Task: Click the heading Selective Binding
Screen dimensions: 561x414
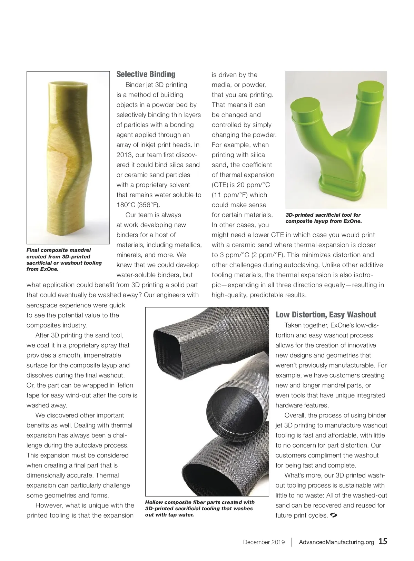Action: click(x=146, y=74)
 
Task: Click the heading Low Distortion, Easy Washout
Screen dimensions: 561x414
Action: click(x=326, y=315)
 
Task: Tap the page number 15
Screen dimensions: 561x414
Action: click(x=383, y=541)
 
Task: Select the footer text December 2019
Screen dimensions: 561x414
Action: click(x=264, y=542)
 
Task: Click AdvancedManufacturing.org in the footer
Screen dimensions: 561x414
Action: click(x=336, y=542)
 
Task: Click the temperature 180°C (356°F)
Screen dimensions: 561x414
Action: click(x=138, y=205)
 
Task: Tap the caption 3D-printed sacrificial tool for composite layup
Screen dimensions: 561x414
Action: click(x=323, y=218)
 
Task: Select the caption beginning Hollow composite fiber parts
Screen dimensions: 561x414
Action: click(x=200, y=509)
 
